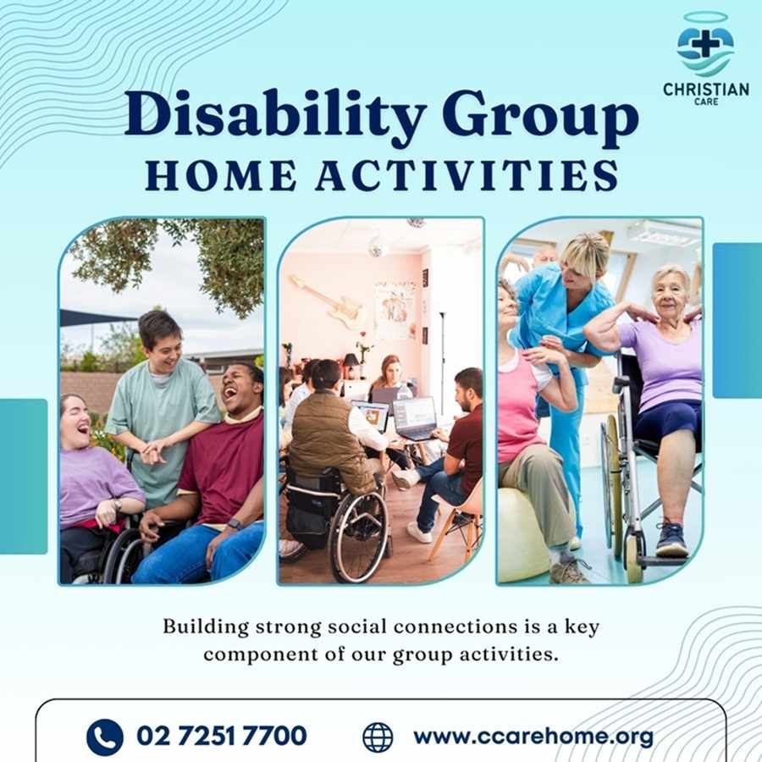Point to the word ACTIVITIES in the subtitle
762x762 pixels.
(x=466, y=175)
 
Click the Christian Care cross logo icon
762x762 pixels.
(x=704, y=47)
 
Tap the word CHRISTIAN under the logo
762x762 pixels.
(x=705, y=89)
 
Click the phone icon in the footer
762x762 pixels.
(x=105, y=737)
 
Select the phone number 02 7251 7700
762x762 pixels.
(x=222, y=737)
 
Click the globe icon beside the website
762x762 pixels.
(x=378, y=737)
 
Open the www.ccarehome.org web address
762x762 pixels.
(x=533, y=737)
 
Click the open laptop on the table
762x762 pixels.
(x=414, y=417)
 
